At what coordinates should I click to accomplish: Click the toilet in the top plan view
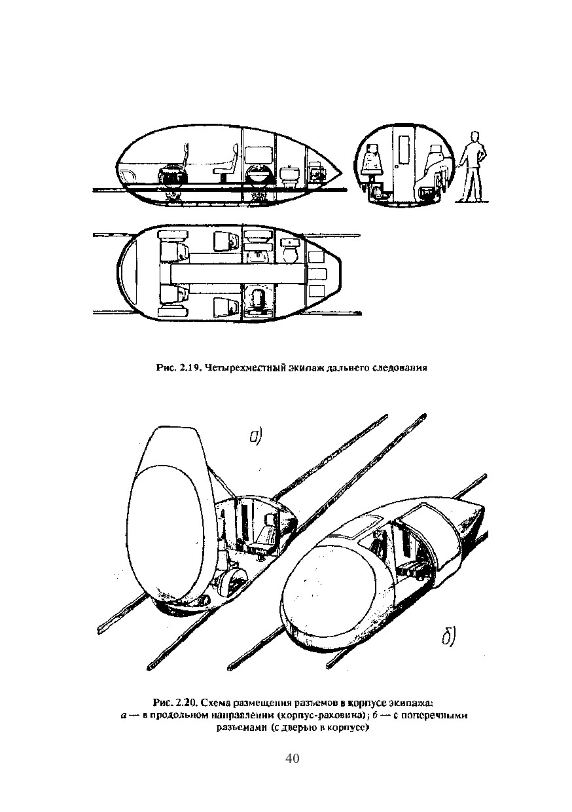[x=289, y=250]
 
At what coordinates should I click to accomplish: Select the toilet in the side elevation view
[x=289, y=175]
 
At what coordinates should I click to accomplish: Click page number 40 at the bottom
[x=292, y=758]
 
